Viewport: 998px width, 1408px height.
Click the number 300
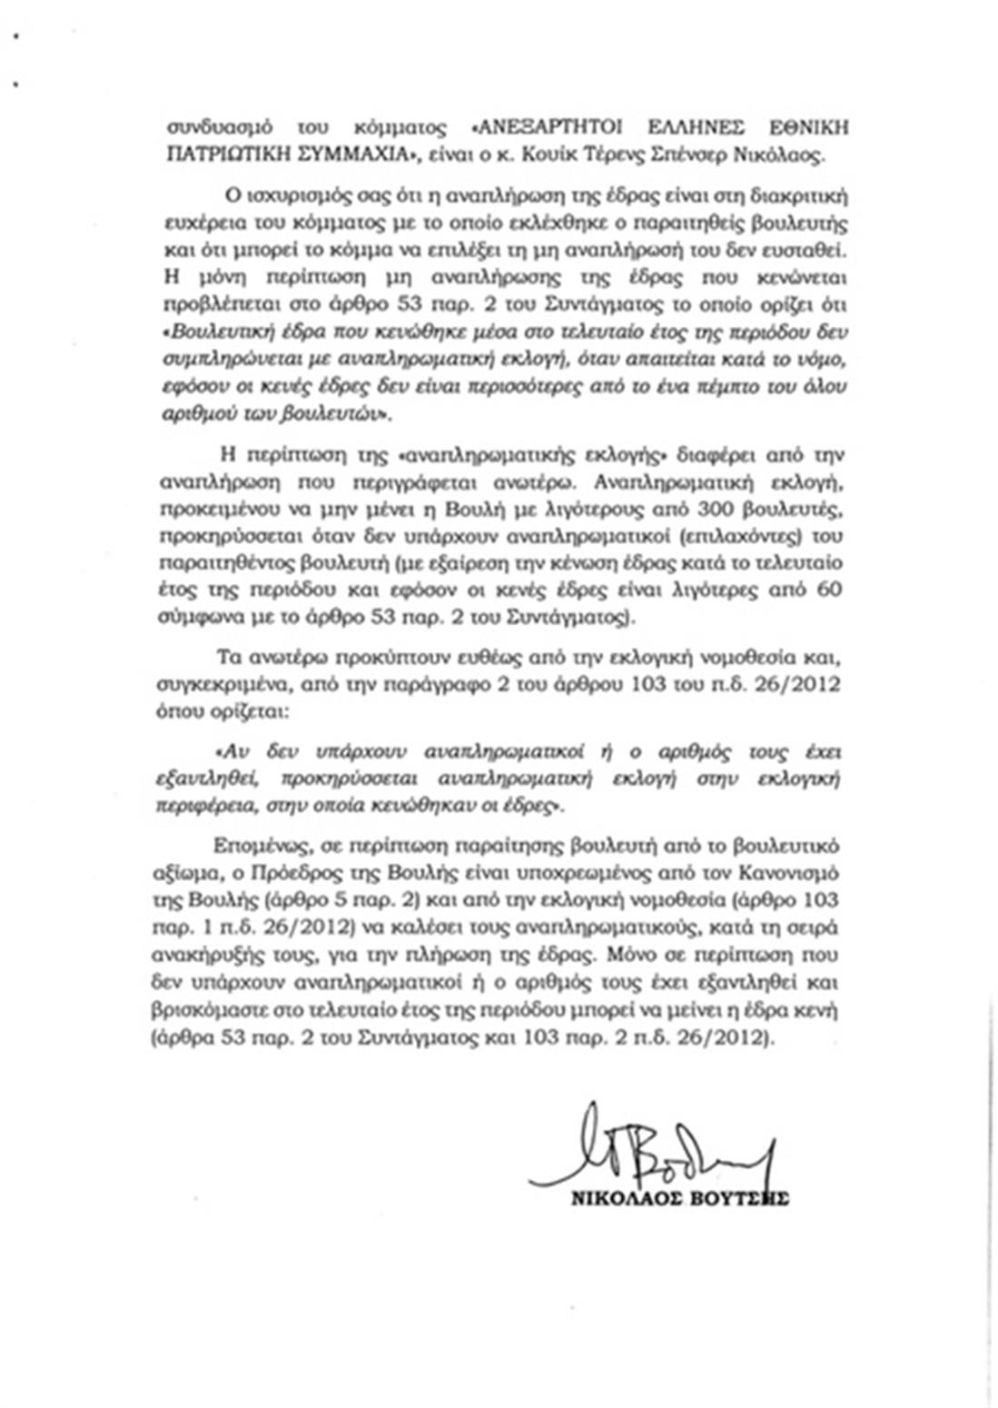tap(662, 505)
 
